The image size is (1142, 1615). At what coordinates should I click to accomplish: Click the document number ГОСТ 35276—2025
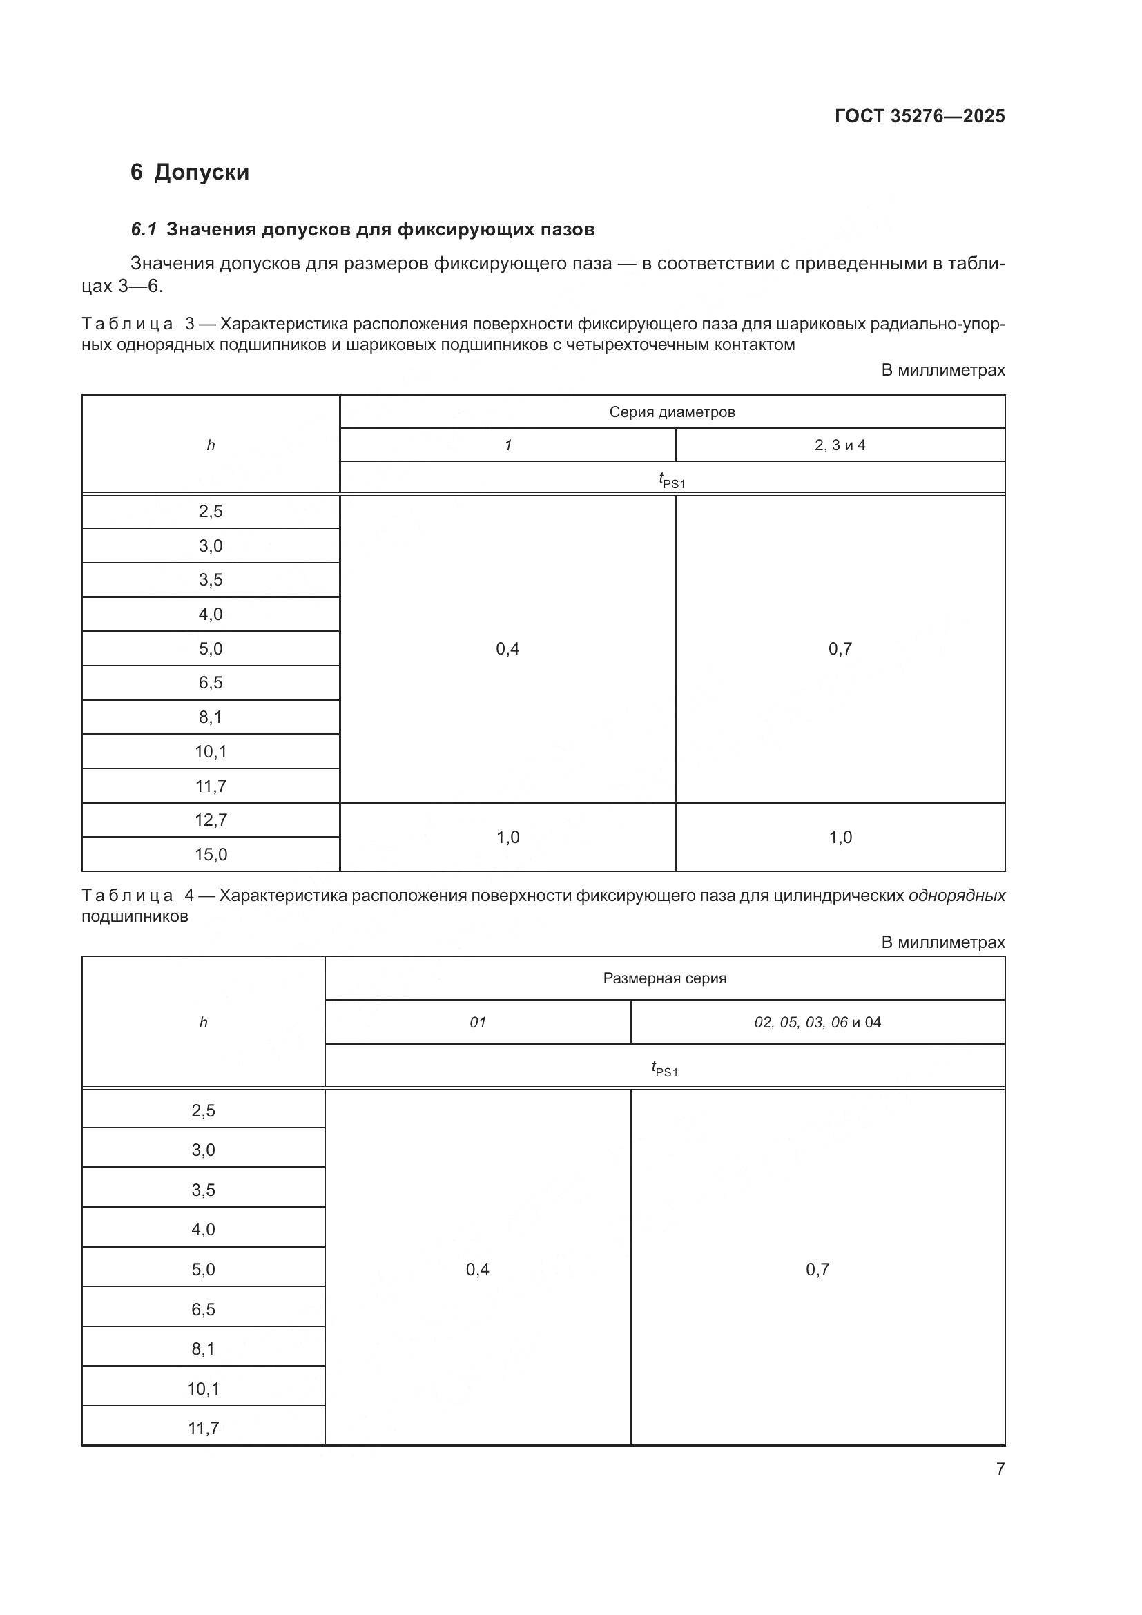(x=920, y=116)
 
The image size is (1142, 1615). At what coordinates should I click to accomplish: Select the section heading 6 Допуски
(x=190, y=173)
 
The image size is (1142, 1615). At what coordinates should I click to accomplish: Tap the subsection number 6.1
(x=144, y=229)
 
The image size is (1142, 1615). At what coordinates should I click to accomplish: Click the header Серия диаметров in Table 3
(x=672, y=412)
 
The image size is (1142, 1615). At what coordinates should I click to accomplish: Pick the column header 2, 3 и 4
(x=840, y=445)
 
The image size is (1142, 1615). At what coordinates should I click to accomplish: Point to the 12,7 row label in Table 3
(x=211, y=820)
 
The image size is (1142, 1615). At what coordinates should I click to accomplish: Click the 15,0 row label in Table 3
(x=211, y=855)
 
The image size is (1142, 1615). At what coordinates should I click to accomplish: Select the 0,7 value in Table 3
(x=840, y=648)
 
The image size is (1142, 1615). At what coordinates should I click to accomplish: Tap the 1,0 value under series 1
(x=507, y=837)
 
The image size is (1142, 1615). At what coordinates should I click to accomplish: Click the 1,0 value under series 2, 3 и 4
(x=840, y=837)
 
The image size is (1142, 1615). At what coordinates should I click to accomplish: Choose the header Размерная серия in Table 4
(x=664, y=978)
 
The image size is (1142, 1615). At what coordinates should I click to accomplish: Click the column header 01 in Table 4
(x=478, y=1023)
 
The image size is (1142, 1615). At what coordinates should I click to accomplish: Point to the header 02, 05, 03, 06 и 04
(x=817, y=1023)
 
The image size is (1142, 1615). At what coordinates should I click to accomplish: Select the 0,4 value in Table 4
(x=478, y=1270)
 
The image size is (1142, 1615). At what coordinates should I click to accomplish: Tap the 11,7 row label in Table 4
(x=203, y=1429)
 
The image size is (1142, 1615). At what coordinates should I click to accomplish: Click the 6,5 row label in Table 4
(x=203, y=1310)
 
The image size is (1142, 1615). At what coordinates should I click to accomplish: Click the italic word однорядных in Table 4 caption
(x=956, y=896)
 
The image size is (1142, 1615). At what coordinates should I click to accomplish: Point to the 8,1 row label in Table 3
(x=211, y=717)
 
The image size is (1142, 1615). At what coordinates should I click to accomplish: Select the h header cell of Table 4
(x=203, y=1023)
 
